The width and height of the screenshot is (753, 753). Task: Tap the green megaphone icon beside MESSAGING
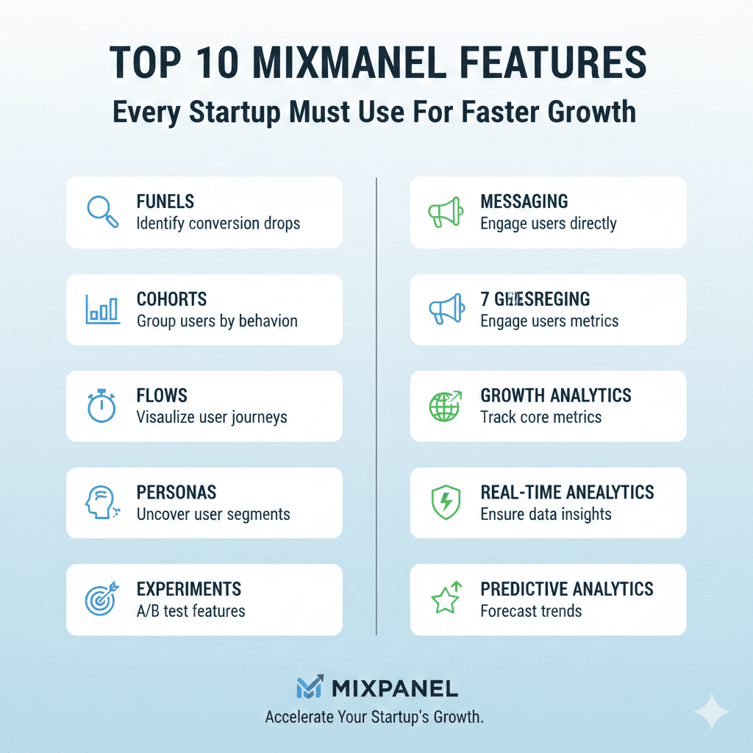445,212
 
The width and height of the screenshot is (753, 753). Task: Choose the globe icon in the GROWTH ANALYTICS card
445,407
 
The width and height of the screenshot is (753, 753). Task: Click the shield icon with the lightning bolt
445,503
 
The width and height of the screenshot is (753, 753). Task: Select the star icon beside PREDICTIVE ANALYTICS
445,599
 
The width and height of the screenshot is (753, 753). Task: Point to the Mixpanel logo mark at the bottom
309,688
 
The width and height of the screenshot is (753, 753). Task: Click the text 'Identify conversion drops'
218,223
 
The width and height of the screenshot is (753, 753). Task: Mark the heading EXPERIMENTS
189,589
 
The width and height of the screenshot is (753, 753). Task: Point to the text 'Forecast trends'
531,611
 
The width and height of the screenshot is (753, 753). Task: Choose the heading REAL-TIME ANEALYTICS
567,492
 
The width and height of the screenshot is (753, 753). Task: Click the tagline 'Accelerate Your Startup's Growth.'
374,717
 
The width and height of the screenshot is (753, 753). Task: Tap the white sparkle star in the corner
712,712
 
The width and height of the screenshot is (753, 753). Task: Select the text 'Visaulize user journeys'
212,417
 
